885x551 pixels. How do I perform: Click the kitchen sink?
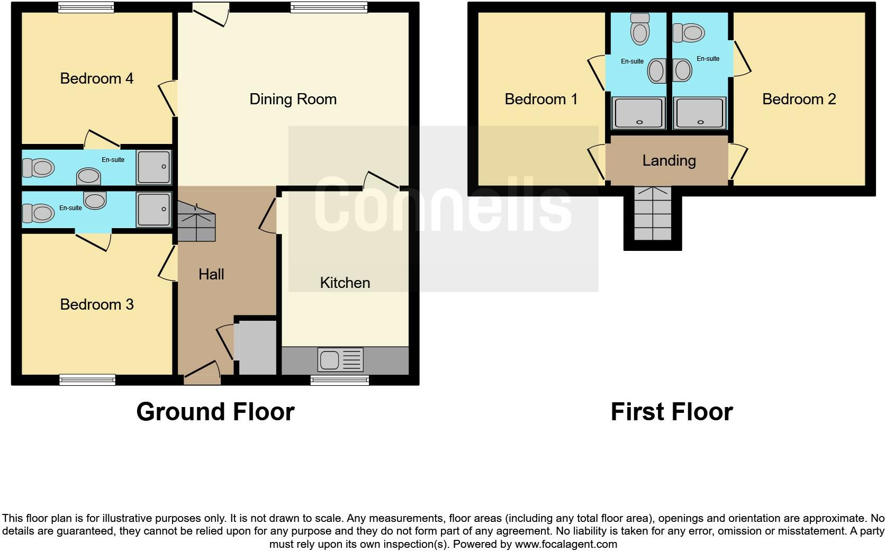pyautogui.click(x=340, y=360)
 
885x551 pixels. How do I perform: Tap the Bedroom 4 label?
pyautogui.click(x=96, y=78)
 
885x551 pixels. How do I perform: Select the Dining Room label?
pyautogui.click(x=293, y=99)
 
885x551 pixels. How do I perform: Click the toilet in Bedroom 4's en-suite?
pyautogui.click(x=38, y=168)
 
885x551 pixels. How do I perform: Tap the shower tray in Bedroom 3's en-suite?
pyautogui.click(x=153, y=210)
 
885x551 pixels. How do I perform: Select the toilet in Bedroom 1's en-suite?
pyautogui.click(x=640, y=29)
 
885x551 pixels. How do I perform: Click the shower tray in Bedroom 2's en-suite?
pyautogui.click(x=700, y=113)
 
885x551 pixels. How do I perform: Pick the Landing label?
pyautogui.click(x=669, y=160)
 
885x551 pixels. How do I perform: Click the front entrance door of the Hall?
pyautogui.click(x=202, y=373)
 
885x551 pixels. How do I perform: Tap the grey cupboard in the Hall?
pyautogui.click(x=256, y=347)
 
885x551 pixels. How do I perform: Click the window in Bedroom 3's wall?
pyautogui.click(x=87, y=379)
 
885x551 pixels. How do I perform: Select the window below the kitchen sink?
pyautogui.click(x=339, y=379)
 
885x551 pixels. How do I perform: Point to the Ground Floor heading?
pyautogui.click(x=215, y=412)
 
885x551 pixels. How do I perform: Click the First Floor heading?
pyautogui.click(x=671, y=412)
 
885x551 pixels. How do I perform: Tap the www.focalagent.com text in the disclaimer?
pyautogui.click(x=565, y=544)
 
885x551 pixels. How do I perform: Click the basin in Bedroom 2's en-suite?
pyautogui.click(x=683, y=70)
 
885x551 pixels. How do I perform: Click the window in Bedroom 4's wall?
pyautogui.click(x=86, y=7)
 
